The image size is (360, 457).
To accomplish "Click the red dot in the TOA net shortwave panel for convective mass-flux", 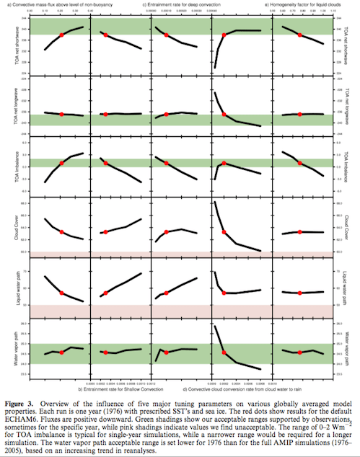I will coord(61,35).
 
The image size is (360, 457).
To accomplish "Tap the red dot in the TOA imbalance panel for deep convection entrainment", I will coord(167,164).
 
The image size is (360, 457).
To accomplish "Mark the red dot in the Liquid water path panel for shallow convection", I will coord(105,293).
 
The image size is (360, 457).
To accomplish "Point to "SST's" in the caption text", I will coord(182,405).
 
